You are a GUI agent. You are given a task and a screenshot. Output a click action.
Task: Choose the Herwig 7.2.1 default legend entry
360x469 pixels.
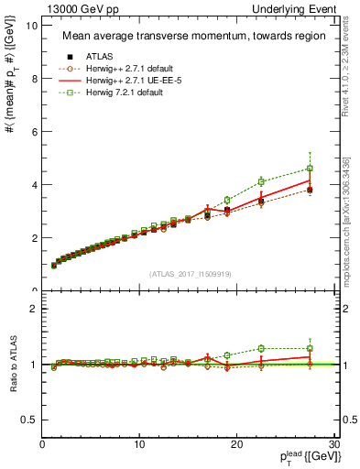(x=119, y=93)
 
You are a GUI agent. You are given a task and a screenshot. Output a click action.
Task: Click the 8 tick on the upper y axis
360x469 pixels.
(x=35, y=79)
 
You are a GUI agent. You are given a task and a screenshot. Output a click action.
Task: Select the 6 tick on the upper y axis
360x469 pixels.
(x=35, y=132)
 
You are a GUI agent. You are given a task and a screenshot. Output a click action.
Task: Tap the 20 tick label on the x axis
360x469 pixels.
(x=236, y=445)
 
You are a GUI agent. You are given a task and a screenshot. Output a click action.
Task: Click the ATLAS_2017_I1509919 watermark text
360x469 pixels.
(x=191, y=272)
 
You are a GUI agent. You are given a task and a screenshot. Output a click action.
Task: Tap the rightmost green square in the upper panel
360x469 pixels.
(x=311, y=169)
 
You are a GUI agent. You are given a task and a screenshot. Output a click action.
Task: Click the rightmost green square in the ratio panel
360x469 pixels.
(x=311, y=348)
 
